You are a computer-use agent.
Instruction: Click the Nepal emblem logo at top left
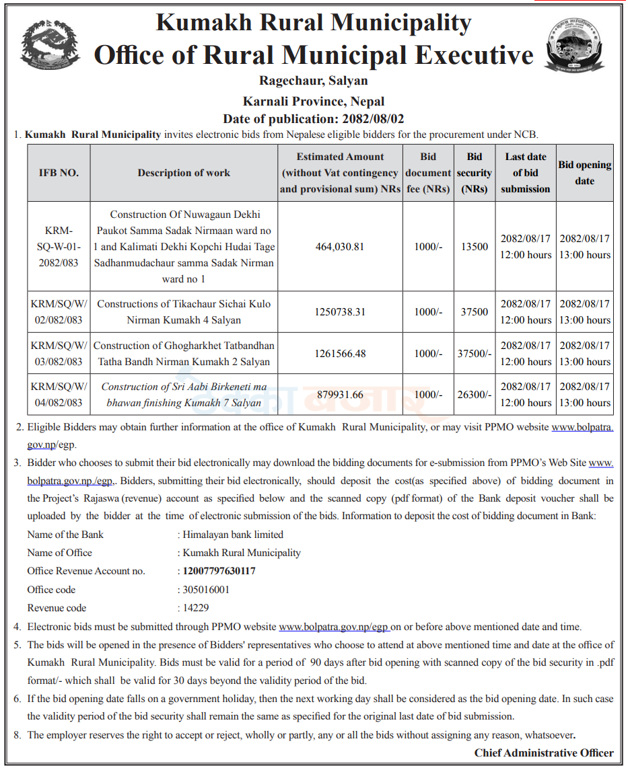point(50,45)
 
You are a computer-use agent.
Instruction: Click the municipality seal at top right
point(575,45)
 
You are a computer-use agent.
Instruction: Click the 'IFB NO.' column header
point(59,173)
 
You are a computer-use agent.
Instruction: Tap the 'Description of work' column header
point(184,173)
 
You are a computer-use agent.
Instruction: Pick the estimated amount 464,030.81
point(340,247)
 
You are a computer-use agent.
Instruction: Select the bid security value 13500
point(475,247)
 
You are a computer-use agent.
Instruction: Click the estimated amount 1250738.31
point(340,312)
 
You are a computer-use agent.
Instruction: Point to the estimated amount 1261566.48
point(340,354)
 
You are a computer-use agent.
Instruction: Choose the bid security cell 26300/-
point(475,395)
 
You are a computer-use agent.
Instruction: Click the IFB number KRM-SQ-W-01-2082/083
point(59,247)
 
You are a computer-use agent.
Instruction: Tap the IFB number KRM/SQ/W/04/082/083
point(59,395)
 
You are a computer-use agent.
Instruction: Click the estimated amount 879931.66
point(340,395)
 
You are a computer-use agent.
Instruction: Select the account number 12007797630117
point(219,571)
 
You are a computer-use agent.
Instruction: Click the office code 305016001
point(207,590)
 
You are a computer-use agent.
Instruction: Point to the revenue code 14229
point(196,608)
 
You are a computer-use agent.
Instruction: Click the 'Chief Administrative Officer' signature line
point(544,753)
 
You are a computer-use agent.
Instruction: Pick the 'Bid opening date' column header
point(584,173)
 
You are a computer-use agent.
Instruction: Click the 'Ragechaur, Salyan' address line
point(314,81)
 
